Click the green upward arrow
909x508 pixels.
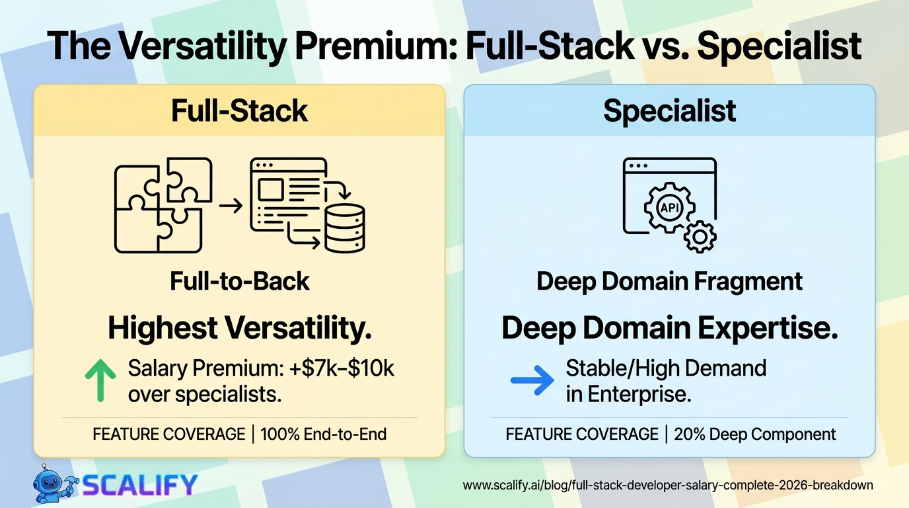[x=100, y=380]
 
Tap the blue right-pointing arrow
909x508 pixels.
[x=532, y=380]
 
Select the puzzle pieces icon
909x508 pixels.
[x=163, y=205]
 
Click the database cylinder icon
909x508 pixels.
[x=345, y=228]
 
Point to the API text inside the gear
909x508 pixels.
[x=670, y=208]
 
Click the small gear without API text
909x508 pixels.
[x=700, y=237]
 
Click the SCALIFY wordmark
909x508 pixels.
[x=140, y=485]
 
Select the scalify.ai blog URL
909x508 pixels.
[x=668, y=486]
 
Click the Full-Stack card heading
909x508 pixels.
[x=239, y=110]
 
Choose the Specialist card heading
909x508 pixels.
[x=670, y=110]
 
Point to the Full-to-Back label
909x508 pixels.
[x=239, y=281]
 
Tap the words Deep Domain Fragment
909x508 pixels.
[x=670, y=282]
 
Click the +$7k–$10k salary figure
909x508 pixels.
[x=342, y=368]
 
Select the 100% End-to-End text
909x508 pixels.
[x=324, y=435]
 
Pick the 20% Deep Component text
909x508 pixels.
[x=755, y=435]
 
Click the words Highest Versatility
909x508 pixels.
[x=239, y=328]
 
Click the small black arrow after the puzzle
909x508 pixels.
[x=231, y=206]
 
